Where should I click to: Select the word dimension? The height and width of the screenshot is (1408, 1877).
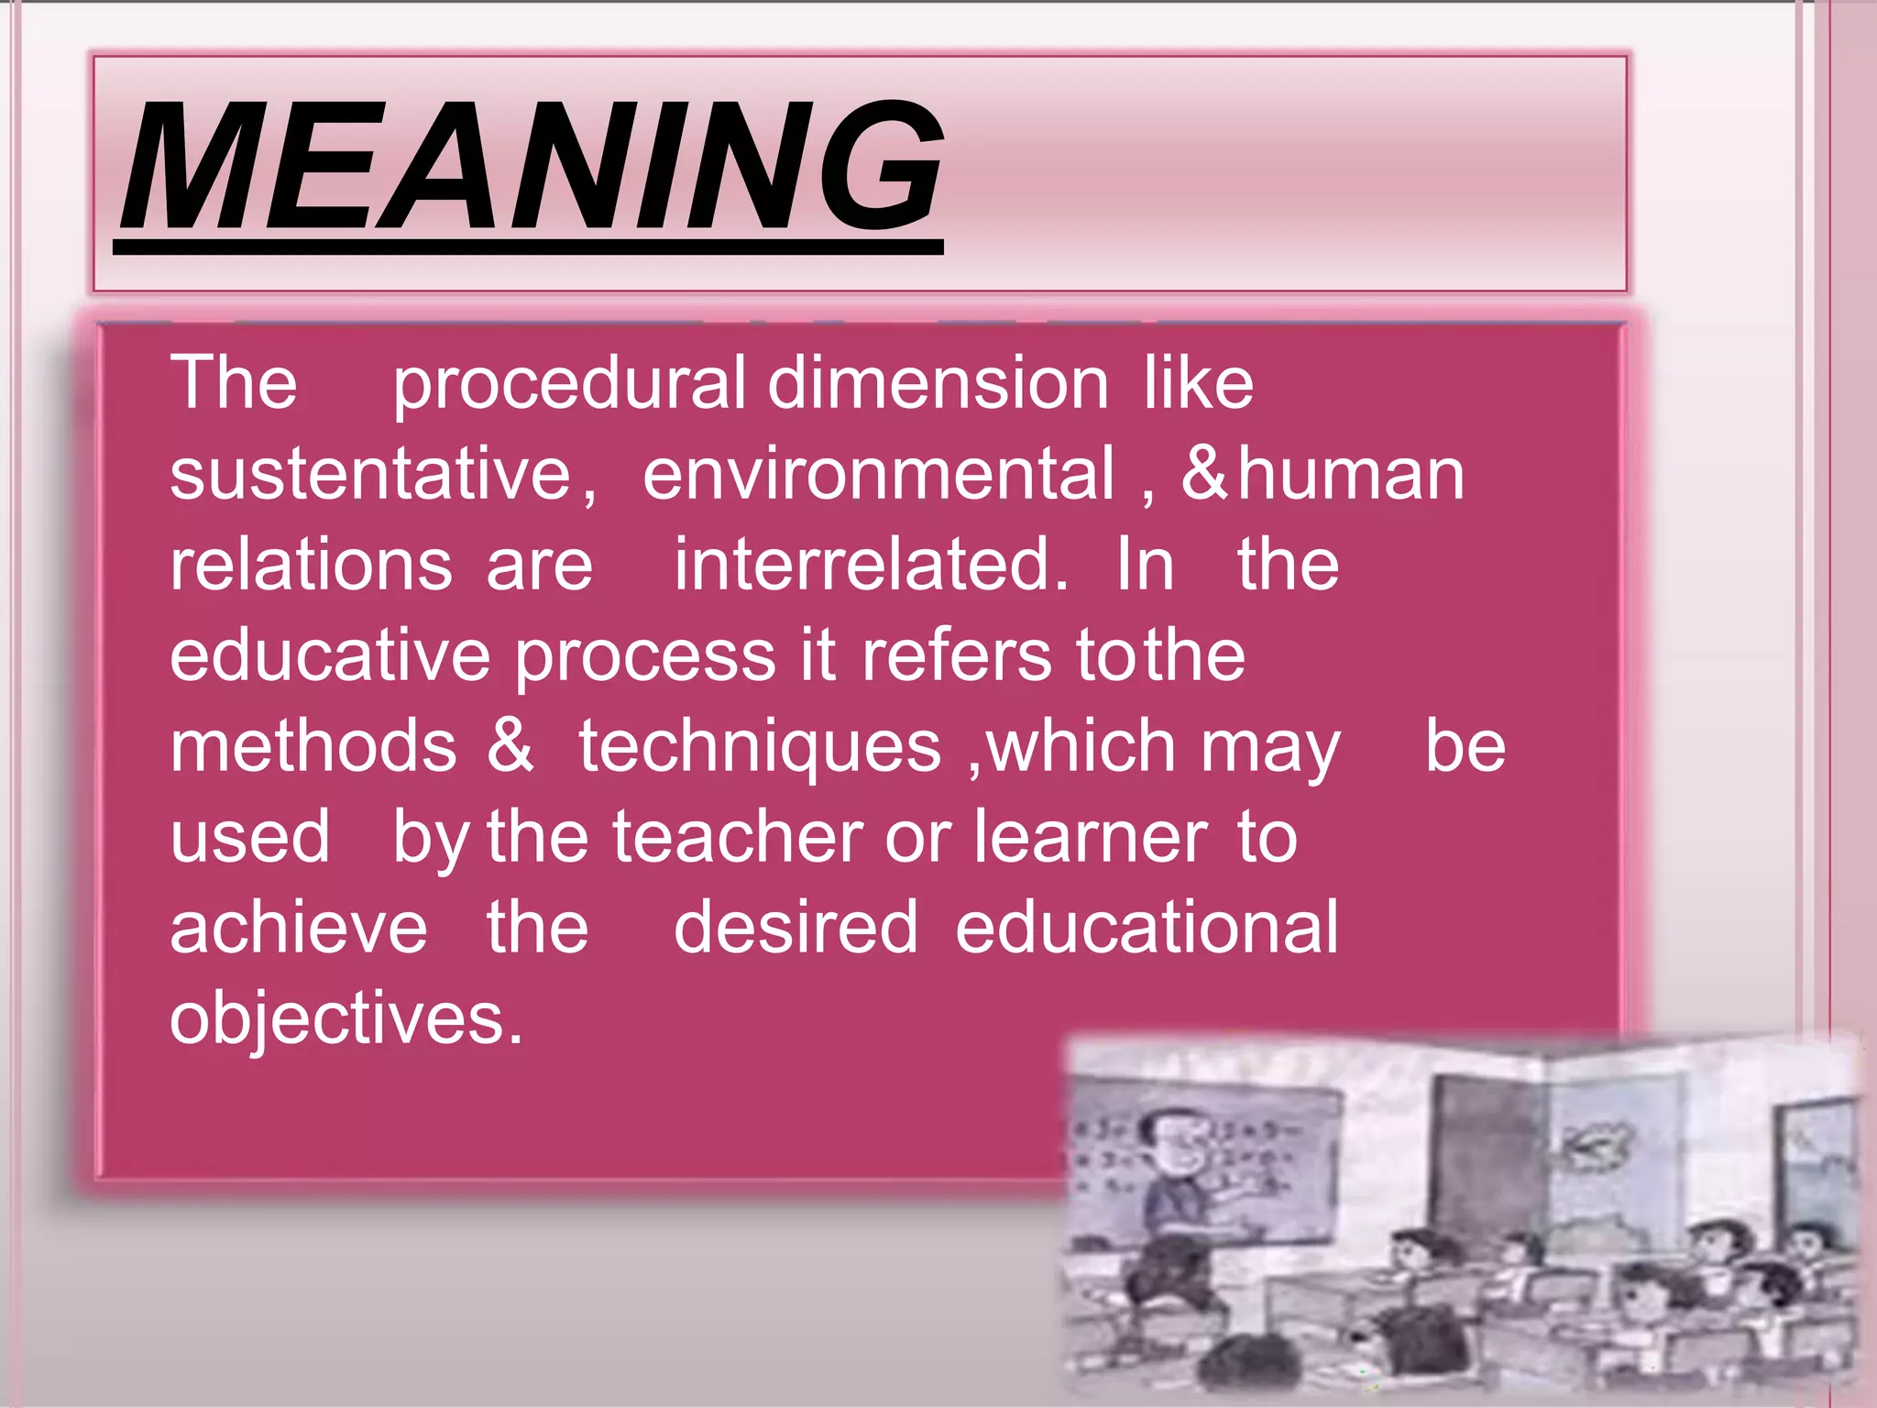(x=938, y=383)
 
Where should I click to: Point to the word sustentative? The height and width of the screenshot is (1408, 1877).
(x=371, y=475)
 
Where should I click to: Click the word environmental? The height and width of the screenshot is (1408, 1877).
(x=878, y=475)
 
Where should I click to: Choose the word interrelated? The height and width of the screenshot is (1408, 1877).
(x=871, y=565)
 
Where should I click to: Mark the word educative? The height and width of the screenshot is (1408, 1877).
(x=330, y=656)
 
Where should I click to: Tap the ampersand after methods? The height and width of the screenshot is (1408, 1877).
(x=510, y=746)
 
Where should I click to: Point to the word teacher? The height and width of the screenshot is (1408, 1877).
(x=738, y=838)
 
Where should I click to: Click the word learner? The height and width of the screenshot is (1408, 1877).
(x=1091, y=838)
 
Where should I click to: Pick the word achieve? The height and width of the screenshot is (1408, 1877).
(x=299, y=928)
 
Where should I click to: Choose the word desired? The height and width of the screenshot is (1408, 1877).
(x=796, y=928)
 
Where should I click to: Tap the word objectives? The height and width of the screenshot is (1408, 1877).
(x=346, y=1019)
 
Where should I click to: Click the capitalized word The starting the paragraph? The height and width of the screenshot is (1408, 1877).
(x=234, y=383)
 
